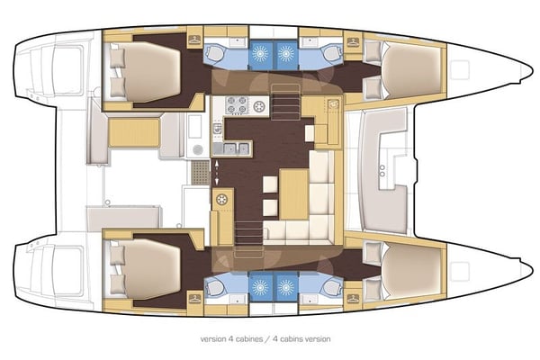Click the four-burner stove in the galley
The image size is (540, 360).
click(x=237, y=106)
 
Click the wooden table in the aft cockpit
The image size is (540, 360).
click(x=134, y=133)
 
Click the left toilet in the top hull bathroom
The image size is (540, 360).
click(x=216, y=52)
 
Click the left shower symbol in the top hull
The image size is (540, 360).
click(x=260, y=52)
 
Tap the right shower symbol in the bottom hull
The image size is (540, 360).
click(x=287, y=287)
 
